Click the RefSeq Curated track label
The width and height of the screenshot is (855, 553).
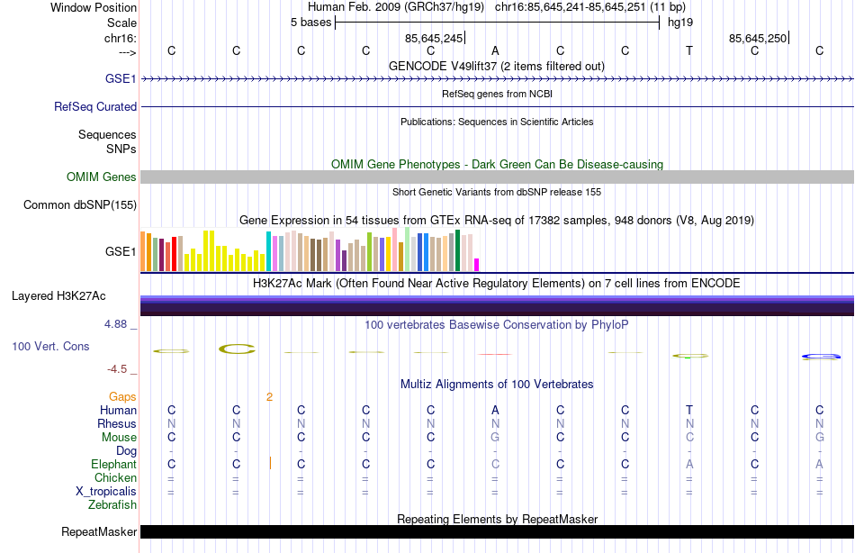[x=95, y=106]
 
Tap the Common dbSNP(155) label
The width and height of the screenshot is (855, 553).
[x=80, y=205]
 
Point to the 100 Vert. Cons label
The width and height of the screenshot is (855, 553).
[x=50, y=346]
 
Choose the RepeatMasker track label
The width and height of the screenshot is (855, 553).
[x=99, y=532]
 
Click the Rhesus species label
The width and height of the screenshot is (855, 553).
[x=118, y=424]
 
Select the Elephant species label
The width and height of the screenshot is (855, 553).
[x=113, y=465]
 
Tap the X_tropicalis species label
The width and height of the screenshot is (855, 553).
[x=106, y=492]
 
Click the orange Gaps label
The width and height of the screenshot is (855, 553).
[x=122, y=396]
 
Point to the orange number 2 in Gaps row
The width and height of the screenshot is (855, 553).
[x=269, y=396]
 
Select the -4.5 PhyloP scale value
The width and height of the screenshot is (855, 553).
[x=120, y=369]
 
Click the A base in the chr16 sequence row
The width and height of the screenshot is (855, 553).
[x=495, y=50]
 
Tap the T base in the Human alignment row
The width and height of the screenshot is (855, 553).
[x=689, y=411]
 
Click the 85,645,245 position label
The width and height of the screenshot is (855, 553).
[x=434, y=38]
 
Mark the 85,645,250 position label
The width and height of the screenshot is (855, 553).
[x=758, y=38]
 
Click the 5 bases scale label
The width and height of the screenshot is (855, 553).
[x=310, y=23]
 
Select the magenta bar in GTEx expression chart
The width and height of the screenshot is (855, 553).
[x=477, y=264]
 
